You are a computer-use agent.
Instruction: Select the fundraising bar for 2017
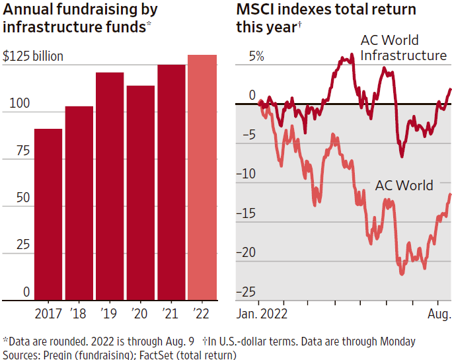coord(48,214)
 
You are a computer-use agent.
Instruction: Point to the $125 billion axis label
coord(33,56)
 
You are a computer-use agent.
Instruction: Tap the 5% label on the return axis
coord(256,56)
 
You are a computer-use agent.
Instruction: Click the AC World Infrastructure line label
coord(403,48)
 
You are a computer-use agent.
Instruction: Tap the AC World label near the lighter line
coord(404,185)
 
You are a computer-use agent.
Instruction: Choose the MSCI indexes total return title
coord(326,18)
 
